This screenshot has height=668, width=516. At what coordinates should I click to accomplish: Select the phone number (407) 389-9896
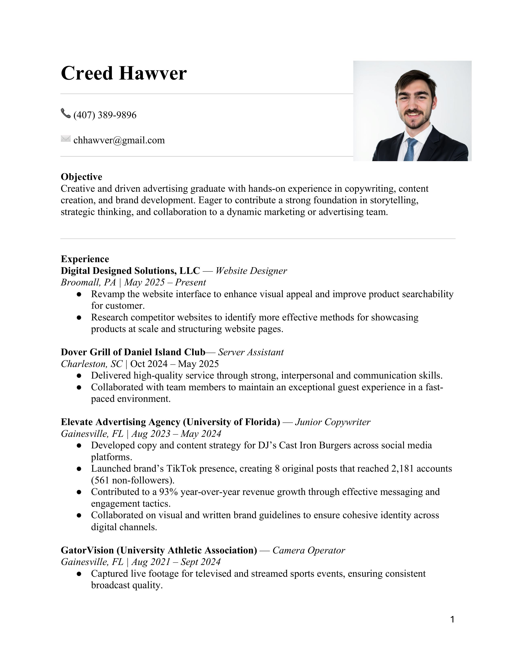pyautogui.click(x=105, y=115)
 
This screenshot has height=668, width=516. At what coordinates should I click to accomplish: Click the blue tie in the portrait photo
pyautogui.click(x=410, y=150)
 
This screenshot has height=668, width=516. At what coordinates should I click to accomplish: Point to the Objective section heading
pyautogui.click(x=81, y=177)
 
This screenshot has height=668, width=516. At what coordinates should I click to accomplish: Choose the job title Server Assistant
pyautogui.click(x=251, y=352)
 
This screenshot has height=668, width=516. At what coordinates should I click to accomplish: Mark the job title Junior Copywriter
pyautogui.click(x=333, y=422)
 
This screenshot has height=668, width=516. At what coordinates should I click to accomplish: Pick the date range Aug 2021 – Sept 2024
pyautogui.click(x=176, y=562)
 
